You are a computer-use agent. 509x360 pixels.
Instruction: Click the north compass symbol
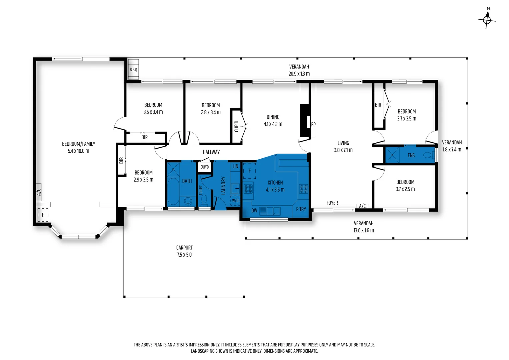point(487,20)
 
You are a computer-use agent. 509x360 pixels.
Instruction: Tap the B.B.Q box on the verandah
point(133,70)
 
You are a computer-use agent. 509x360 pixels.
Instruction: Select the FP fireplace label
point(313,125)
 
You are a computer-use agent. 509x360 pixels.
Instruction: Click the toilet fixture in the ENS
point(429,155)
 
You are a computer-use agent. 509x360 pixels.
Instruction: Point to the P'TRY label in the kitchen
point(301,209)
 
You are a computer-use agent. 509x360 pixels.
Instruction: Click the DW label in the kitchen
point(254,210)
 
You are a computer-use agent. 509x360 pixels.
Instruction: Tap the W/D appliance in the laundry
point(235,200)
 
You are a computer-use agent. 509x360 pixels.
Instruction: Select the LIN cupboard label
point(235,166)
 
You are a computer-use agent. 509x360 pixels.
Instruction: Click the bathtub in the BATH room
point(173,191)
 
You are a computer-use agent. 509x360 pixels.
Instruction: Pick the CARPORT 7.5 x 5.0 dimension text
point(184,251)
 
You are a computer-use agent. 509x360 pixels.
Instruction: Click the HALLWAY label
point(211,152)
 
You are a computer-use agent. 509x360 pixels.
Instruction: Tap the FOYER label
point(332,203)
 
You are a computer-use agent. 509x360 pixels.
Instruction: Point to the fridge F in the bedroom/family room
point(43,215)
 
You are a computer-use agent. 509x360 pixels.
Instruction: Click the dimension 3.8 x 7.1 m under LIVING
point(343,150)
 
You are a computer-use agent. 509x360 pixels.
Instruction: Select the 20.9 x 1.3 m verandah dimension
point(299,74)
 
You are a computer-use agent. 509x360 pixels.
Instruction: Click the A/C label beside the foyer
point(362,206)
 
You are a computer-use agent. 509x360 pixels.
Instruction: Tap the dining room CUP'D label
point(236,126)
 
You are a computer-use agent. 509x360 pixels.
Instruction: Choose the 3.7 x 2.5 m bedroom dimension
point(405,189)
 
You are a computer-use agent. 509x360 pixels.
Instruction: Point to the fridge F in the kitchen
point(250,171)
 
